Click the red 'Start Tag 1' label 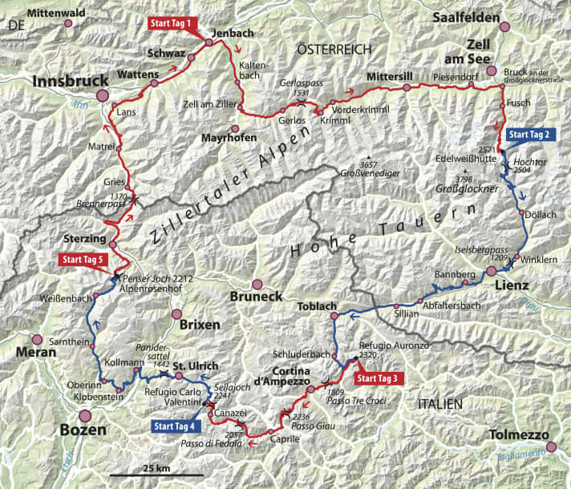tap(171, 23)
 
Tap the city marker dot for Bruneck tap(257, 284)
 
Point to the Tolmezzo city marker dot tap(549, 447)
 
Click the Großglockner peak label tap(469, 190)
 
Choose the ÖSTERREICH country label tap(334, 49)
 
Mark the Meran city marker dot tap(36, 339)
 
